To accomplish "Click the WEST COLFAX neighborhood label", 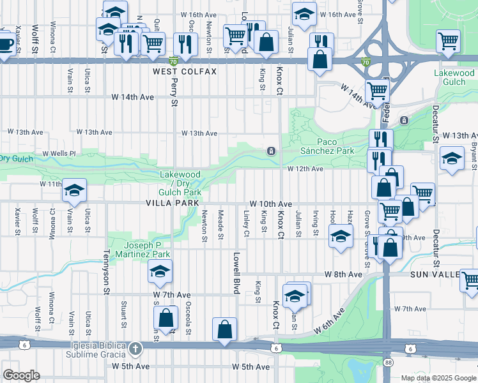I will pyautogui.click(x=184, y=72).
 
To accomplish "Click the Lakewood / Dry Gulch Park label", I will pyautogui.click(x=180, y=183).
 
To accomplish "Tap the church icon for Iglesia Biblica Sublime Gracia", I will pyautogui.click(x=134, y=349).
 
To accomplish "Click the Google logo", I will pyautogui.click(x=21, y=375).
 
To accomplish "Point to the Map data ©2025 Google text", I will pyautogui.click(x=438, y=378).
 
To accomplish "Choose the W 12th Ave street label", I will pyautogui.click(x=305, y=169).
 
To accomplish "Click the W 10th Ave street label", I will pyautogui.click(x=271, y=203).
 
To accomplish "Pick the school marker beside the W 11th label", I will pyautogui.click(x=74, y=190).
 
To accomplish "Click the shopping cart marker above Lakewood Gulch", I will pyautogui.click(x=448, y=41).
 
